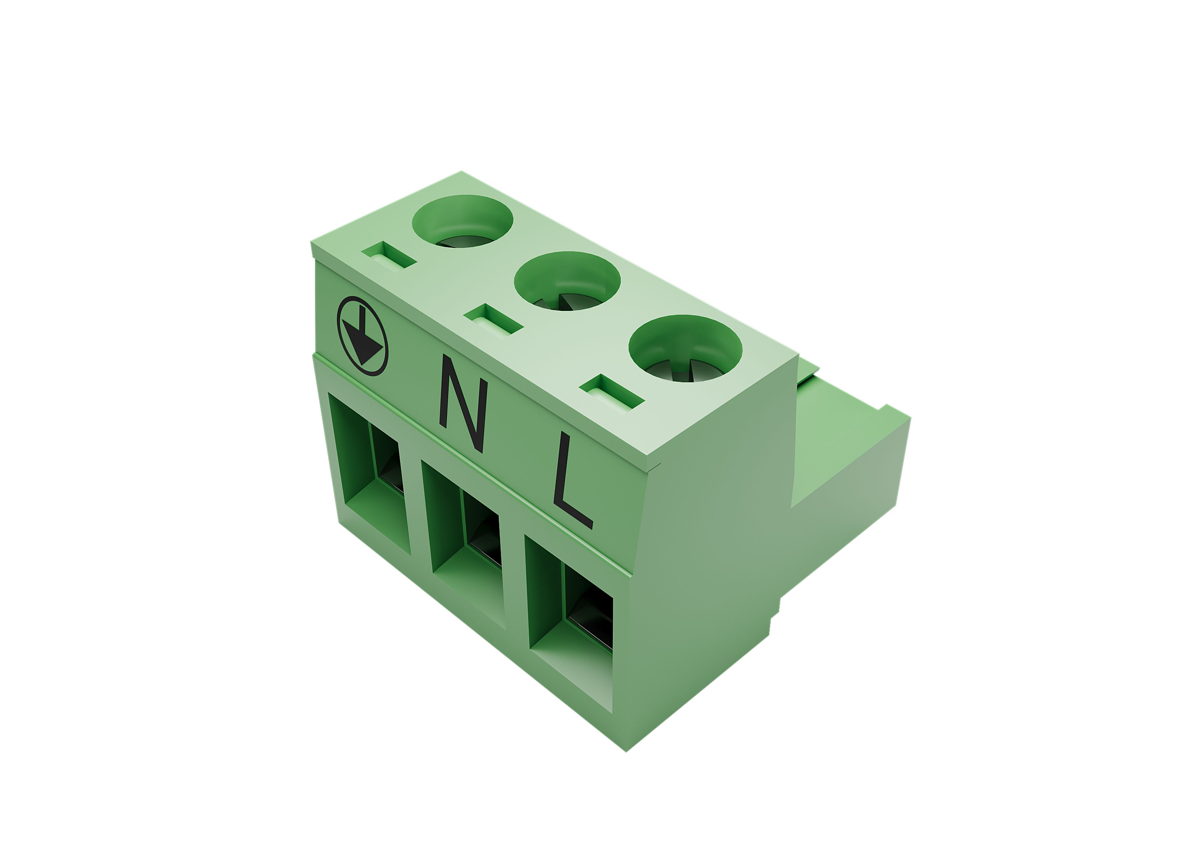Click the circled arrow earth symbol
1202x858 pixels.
[x=362, y=336]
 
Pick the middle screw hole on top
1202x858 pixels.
[x=567, y=280]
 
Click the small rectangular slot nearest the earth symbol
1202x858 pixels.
[x=389, y=255]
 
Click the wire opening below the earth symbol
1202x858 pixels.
[x=370, y=473]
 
